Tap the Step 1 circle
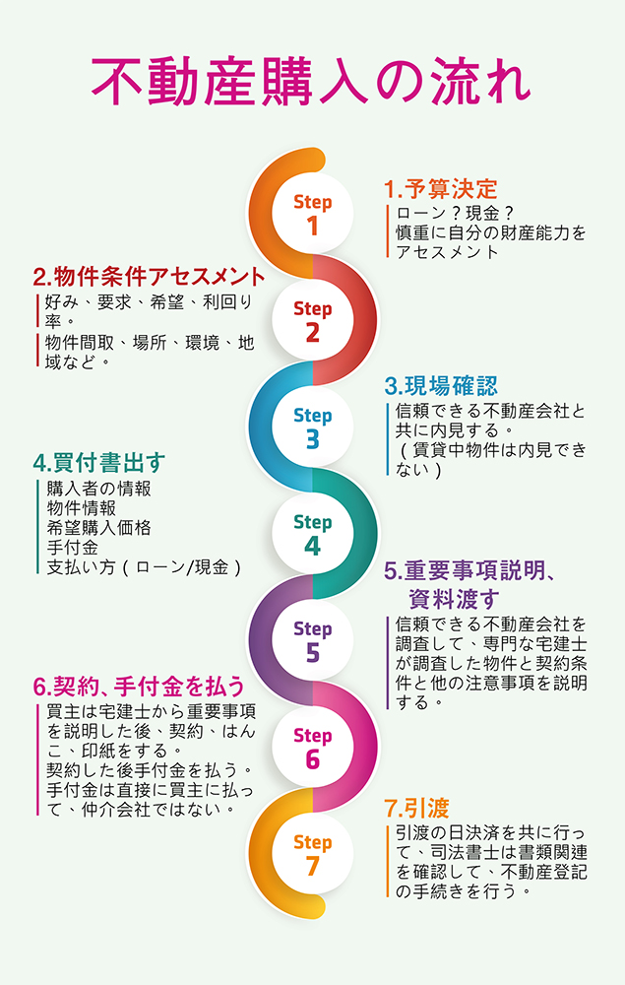click(312, 214)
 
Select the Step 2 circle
click(312, 320)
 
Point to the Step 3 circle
click(312, 427)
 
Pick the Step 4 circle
click(312, 533)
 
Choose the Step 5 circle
click(312, 639)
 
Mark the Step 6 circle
click(312, 747)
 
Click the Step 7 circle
click(312, 853)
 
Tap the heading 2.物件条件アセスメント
click(149, 277)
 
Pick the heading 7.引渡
click(417, 810)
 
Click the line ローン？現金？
click(456, 214)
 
